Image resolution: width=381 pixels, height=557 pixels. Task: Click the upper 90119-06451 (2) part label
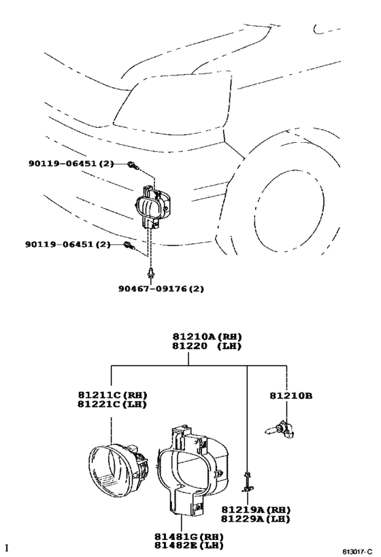71,163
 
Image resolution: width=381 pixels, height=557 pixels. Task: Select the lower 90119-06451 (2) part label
68,244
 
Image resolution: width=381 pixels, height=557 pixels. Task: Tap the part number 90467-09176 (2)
161,288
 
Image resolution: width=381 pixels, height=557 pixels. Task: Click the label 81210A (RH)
208,336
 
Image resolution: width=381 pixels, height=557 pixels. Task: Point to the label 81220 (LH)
207,345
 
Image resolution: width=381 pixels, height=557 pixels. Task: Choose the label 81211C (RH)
112,394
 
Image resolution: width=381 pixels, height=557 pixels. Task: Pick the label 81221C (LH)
112,404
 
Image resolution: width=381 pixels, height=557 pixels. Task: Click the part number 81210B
291,395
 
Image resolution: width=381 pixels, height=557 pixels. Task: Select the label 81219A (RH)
256,509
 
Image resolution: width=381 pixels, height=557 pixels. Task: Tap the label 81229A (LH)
256,519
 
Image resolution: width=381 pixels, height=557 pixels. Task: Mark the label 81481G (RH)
188,537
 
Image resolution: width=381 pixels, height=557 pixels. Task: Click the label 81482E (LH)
188,545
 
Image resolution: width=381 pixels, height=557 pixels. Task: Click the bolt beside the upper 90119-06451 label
133,165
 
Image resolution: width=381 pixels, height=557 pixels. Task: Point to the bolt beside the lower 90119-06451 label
129,245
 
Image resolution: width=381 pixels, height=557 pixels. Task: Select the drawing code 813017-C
357,552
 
